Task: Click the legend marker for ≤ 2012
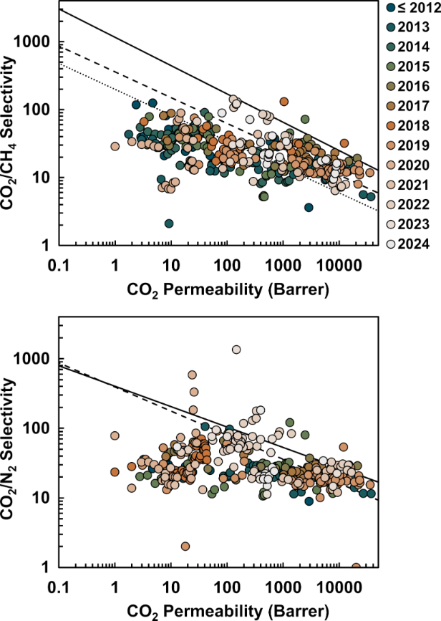390,9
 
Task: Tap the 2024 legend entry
414,244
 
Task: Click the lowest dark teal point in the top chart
169,223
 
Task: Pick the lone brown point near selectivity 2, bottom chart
185,546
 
